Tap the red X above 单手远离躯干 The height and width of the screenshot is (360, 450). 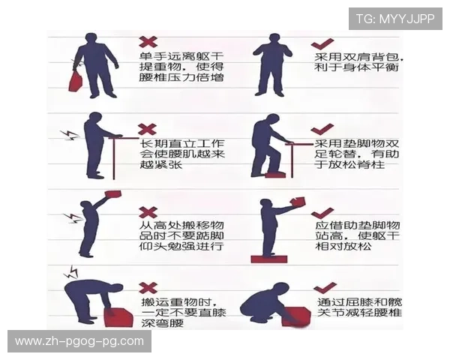(148, 41)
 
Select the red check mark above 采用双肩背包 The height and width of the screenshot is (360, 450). (324, 41)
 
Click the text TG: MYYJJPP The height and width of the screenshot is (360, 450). (395, 18)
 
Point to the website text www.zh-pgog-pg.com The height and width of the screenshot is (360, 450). (79, 341)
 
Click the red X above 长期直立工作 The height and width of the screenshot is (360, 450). (148, 129)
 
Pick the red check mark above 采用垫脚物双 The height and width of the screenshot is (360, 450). (324, 129)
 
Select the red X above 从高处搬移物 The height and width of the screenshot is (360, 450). (148, 212)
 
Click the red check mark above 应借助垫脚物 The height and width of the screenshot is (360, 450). (324, 212)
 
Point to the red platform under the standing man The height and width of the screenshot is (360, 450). (269, 259)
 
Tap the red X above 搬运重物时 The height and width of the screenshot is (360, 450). (148, 287)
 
